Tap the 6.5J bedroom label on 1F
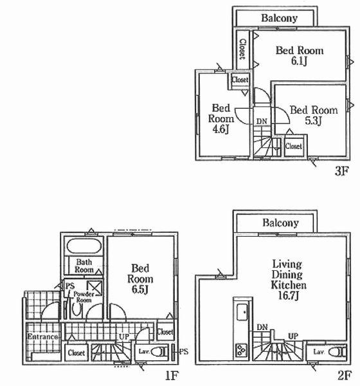(x=141, y=289)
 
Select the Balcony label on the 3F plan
(x=278, y=19)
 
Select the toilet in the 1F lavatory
(x=159, y=352)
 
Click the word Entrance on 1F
(x=43, y=337)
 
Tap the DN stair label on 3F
(x=262, y=121)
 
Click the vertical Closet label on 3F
(x=242, y=49)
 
